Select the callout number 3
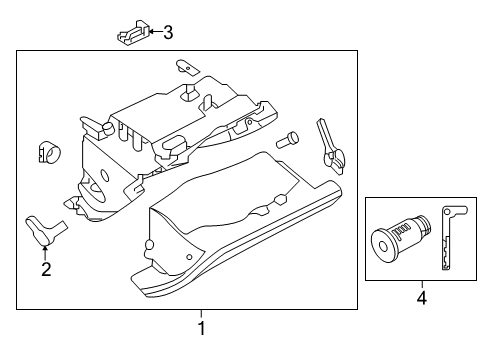click(167, 33)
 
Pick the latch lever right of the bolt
click(328, 141)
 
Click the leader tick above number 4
click(421, 306)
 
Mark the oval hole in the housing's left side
click(99, 187)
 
